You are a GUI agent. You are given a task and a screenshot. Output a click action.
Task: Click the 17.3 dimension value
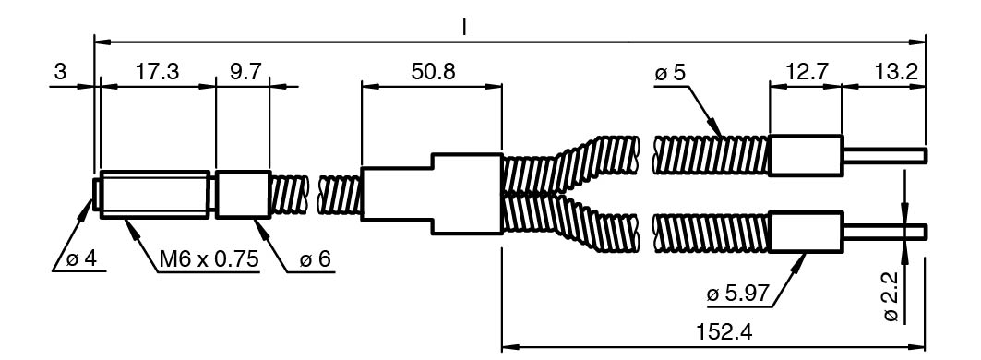tap(157, 72)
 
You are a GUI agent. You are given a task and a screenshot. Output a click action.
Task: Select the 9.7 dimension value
tap(244, 72)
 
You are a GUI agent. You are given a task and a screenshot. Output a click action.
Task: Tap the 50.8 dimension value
tap(433, 72)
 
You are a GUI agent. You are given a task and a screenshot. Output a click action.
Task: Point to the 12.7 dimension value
tap(806, 72)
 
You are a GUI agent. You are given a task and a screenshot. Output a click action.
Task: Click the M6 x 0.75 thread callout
tap(209, 259)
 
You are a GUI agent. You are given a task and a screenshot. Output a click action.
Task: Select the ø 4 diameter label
tap(82, 259)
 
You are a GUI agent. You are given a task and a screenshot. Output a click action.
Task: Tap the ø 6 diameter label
tap(315, 259)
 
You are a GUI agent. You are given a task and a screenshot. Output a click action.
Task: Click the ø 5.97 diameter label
tap(737, 294)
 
